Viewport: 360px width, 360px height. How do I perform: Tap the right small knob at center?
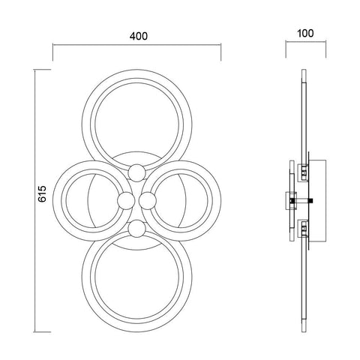tap(148, 200)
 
